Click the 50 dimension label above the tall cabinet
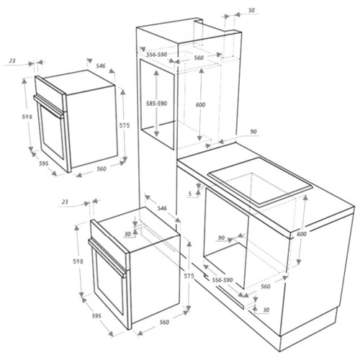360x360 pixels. click(251, 11)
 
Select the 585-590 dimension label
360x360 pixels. click(157, 104)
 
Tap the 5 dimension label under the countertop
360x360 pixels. click(190, 194)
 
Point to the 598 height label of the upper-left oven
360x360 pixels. click(27, 117)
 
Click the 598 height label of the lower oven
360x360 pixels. click(78, 261)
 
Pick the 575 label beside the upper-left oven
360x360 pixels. click(125, 125)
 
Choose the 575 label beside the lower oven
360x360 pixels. click(189, 276)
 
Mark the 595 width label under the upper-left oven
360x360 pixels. click(44, 163)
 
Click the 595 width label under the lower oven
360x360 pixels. click(96, 316)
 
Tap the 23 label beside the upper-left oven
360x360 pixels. click(12, 60)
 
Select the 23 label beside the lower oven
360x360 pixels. click(65, 202)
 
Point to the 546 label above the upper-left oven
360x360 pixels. click(101, 66)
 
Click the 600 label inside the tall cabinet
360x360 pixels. click(200, 104)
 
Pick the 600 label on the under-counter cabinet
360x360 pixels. click(302, 233)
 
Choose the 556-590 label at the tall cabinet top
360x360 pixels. click(157, 55)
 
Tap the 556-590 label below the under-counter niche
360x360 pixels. click(222, 280)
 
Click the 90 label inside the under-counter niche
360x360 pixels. click(221, 238)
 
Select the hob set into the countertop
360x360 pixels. click(260, 181)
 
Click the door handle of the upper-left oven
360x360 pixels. click(49, 107)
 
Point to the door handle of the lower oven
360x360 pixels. click(107, 258)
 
